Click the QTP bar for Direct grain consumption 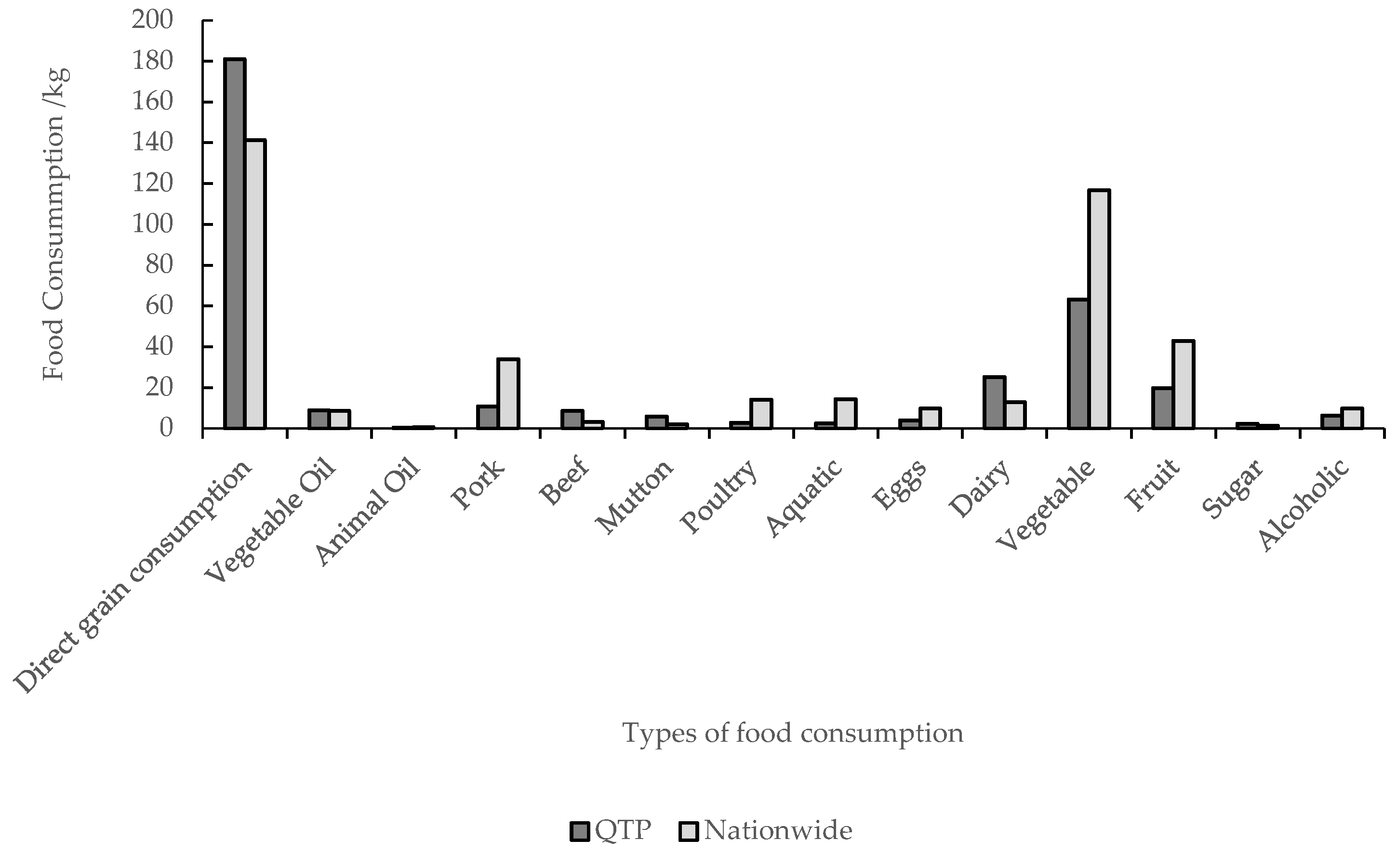coord(235,244)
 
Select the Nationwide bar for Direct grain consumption coord(256,283)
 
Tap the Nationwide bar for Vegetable coord(1099,309)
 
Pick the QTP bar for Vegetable coord(1078,363)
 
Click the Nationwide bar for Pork coord(508,394)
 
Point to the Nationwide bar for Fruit coord(1184,384)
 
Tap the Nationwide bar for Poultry coord(761,414)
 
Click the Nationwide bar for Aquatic coord(846,414)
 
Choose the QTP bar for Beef coord(572,419)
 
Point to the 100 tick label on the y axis coord(151,224)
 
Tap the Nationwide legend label coord(778,831)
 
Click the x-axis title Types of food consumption coord(793,733)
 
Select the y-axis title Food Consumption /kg coord(55,224)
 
